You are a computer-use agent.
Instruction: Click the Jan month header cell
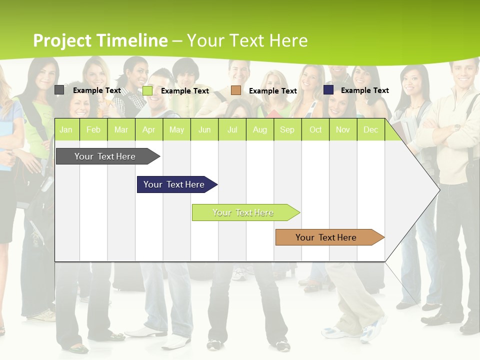pyautogui.click(x=66, y=129)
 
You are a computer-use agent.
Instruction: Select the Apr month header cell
pyautogui.click(x=149, y=129)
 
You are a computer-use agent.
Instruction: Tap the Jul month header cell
pyautogui.click(x=232, y=129)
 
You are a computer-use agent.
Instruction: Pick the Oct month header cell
pyautogui.click(x=315, y=129)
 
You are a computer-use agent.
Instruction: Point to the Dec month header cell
pyautogui.click(x=371, y=129)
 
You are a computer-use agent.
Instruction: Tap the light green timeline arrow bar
pyautogui.click(x=243, y=212)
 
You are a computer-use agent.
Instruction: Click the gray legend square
pyautogui.click(x=59, y=90)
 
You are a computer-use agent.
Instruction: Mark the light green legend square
pyautogui.click(x=147, y=90)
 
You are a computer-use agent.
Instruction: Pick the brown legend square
pyautogui.click(x=236, y=90)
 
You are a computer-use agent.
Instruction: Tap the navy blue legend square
pyautogui.click(x=328, y=89)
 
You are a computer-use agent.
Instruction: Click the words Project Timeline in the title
pyautogui.click(x=100, y=40)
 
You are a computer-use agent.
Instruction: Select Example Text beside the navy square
pyautogui.click(x=364, y=90)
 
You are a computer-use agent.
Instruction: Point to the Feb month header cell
pyautogui.click(x=93, y=129)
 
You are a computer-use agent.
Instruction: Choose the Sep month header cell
pyautogui.click(x=287, y=129)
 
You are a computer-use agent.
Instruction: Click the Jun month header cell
pyautogui.click(x=204, y=129)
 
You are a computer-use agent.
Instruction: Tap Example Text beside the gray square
pyautogui.click(x=97, y=90)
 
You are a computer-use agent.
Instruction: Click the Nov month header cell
pyautogui.click(x=343, y=129)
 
